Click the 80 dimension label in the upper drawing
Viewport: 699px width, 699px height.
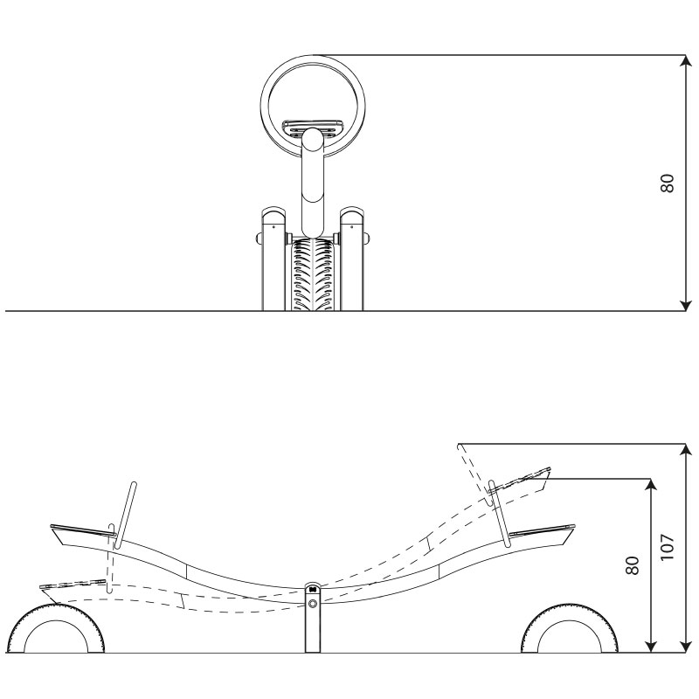(x=668, y=183)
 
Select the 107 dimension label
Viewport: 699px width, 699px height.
(x=668, y=547)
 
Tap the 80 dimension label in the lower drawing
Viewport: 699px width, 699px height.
(x=632, y=565)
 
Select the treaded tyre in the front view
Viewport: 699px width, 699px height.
(x=313, y=274)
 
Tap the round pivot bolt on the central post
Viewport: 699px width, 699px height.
(x=313, y=604)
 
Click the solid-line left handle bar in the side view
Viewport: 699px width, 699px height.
(x=125, y=515)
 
